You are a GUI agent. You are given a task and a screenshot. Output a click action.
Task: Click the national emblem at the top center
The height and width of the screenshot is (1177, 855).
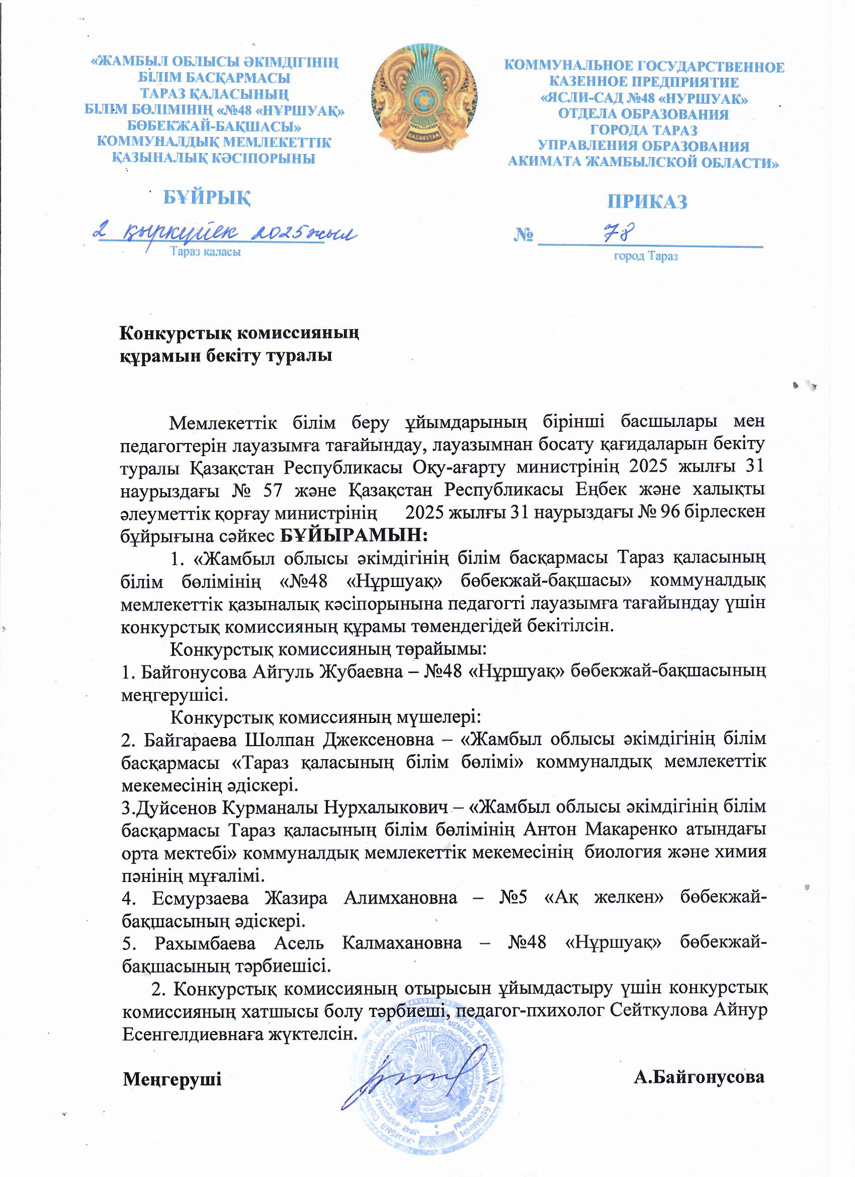(x=424, y=99)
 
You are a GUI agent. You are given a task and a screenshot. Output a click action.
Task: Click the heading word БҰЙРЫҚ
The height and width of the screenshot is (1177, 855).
(x=207, y=197)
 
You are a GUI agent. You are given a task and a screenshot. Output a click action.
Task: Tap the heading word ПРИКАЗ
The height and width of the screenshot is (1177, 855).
(x=648, y=201)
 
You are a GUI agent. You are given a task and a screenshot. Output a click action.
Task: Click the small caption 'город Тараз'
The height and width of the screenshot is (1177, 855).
(x=646, y=256)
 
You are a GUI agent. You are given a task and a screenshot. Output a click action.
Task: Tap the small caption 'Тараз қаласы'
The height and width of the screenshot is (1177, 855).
(x=206, y=252)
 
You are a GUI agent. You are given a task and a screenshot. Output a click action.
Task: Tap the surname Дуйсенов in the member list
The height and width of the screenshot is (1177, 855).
(x=176, y=807)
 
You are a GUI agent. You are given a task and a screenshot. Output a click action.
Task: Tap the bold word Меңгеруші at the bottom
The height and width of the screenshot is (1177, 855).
(x=172, y=1079)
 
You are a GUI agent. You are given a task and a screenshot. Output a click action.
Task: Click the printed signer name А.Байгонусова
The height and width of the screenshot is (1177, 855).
(x=699, y=1077)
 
